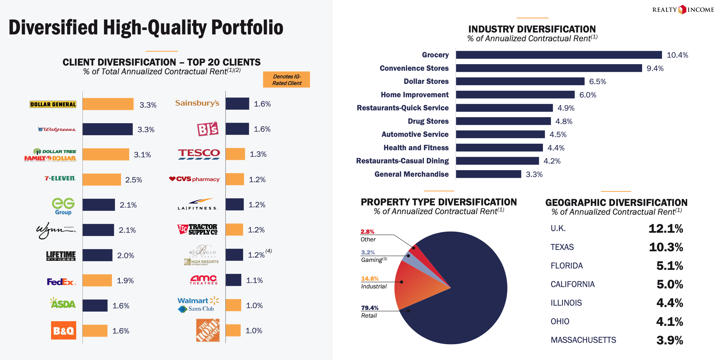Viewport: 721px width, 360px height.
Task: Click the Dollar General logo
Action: tap(53, 104)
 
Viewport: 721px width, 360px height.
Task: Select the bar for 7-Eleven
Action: tap(102, 179)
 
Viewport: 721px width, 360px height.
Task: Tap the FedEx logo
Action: tap(61, 282)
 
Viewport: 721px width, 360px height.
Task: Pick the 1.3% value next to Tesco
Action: tap(258, 154)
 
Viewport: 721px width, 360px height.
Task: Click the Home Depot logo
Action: tap(208, 330)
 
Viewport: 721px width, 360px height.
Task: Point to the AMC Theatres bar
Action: tap(234, 280)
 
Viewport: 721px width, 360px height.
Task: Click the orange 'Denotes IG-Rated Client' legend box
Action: tap(286, 80)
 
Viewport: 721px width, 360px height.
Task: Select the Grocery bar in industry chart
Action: tap(559, 55)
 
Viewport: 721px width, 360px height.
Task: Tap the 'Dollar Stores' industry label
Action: tap(426, 81)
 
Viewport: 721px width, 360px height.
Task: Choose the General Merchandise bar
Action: tap(488, 174)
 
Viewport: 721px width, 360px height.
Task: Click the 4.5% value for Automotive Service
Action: tap(558, 135)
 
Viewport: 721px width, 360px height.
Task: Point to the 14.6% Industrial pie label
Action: tap(370, 279)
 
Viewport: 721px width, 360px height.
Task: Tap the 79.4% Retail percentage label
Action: tap(370, 308)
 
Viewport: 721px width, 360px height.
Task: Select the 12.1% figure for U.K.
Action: tap(666, 229)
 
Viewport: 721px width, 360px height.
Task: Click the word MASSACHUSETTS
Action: tap(583, 340)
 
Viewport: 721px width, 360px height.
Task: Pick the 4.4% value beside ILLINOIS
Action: tap(669, 303)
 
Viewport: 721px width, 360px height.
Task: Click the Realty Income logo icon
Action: tap(683, 10)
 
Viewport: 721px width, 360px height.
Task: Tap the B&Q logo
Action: tap(64, 330)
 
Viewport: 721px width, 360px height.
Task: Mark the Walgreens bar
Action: tap(108, 129)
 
